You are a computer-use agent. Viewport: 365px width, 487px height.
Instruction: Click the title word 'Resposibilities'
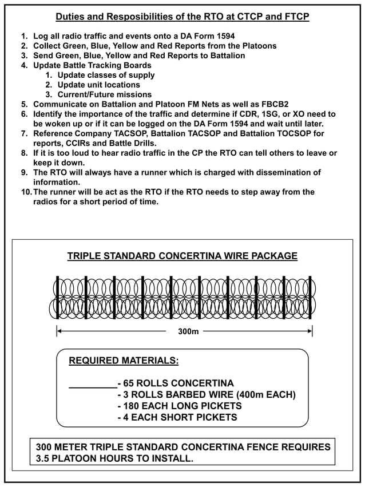[x=130, y=17]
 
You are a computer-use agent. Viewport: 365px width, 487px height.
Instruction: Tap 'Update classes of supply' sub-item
[x=106, y=75]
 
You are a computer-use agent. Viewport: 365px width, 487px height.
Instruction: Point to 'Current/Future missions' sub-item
[x=105, y=94]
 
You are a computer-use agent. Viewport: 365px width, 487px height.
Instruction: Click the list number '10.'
[x=26, y=192]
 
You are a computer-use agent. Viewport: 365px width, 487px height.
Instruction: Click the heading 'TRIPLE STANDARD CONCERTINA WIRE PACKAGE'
[x=182, y=256]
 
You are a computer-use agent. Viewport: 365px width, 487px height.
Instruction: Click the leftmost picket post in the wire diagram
[x=57, y=298]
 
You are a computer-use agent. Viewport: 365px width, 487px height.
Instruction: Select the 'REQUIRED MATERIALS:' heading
[x=124, y=361]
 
